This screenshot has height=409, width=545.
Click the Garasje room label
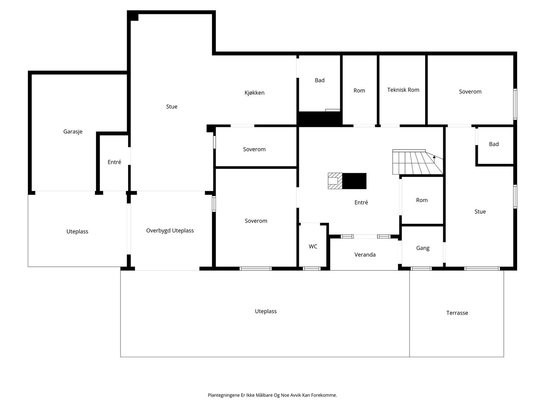[x=73, y=132]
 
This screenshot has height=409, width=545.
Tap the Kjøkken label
[x=254, y=93]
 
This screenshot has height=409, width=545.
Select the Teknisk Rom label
[x=403, y=90]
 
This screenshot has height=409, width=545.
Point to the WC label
[x=313, y=246]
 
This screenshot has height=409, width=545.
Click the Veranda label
[x=365, y=255]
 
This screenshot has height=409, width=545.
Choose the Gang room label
[x=423, y=248]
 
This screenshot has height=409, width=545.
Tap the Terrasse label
[x=457, y=313]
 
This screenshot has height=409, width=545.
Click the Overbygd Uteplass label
[x=170, y=231]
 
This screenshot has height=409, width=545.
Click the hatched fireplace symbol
[x=335, y=181]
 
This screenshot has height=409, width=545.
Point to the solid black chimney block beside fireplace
[x=354, y=181]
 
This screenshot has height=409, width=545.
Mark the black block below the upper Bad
[x=319, y=119]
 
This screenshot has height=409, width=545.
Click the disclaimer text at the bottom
[x=272, y=395]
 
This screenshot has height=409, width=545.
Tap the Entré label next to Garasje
[x=114, y=162]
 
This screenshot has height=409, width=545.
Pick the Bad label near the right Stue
[x=494, y=144]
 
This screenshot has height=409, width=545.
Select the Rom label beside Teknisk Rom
[x=359, y=91]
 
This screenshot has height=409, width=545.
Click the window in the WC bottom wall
[x=312, y=269]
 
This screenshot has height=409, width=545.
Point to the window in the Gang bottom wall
[x=421, y=269]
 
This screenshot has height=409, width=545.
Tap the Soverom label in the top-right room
[x=470, y=92]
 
